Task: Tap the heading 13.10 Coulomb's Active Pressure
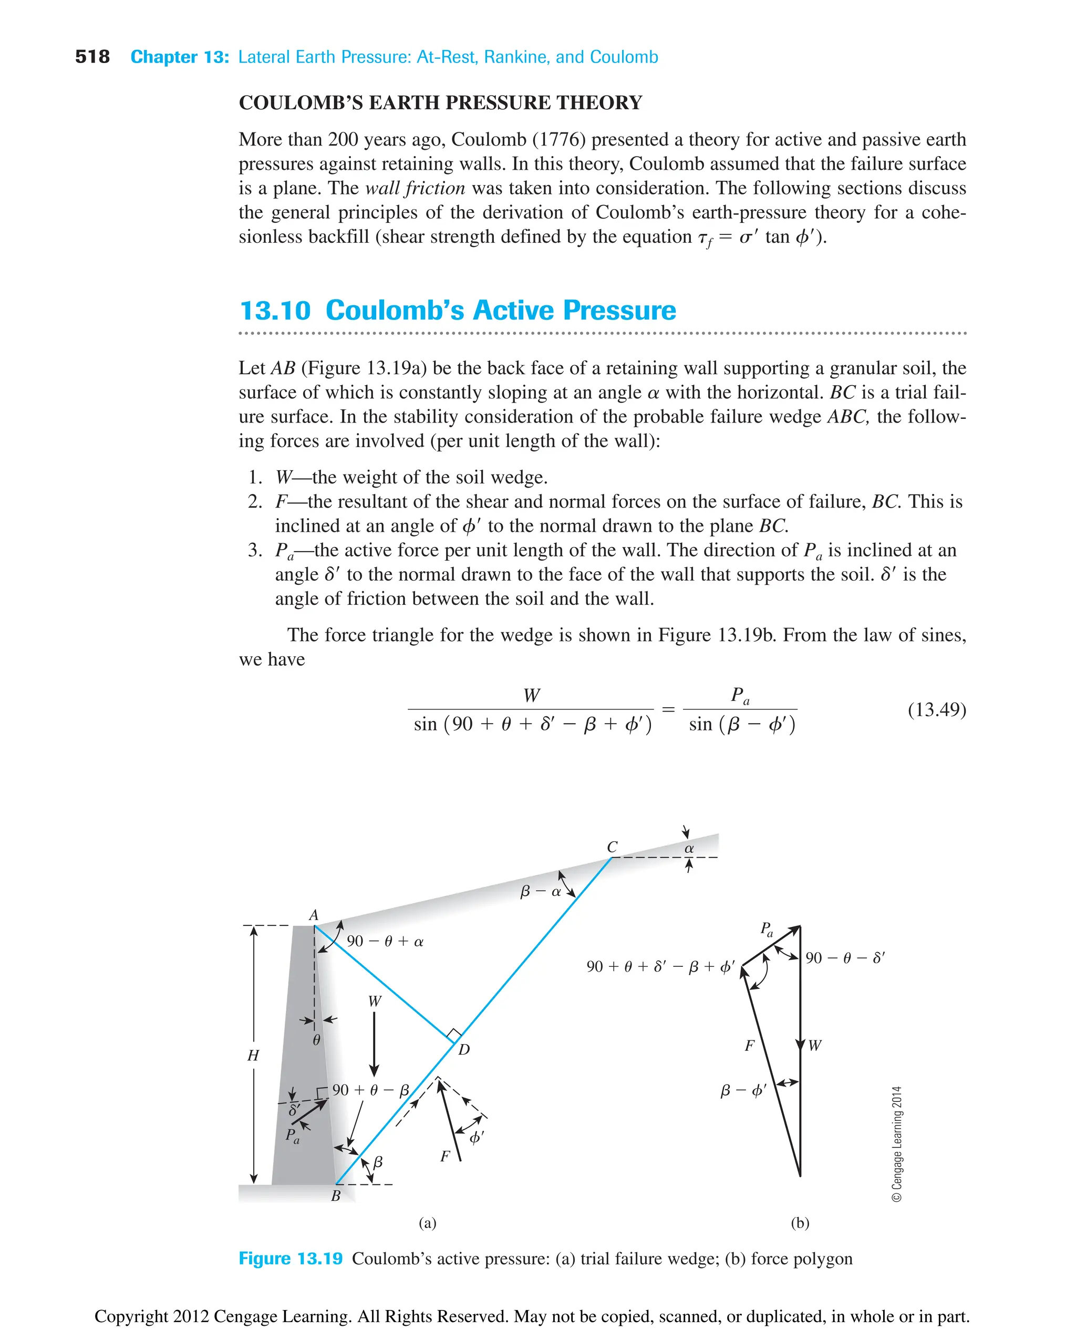point(458,310)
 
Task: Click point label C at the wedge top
point(612,847)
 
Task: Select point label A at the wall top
point(314,915)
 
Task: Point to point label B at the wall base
point(335,1196)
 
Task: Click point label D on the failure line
point(463,1049)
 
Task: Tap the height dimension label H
point(253,1055)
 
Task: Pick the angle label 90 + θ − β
point(370,1090)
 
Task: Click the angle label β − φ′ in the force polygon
point(743,1090)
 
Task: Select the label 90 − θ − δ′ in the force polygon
point(845,958)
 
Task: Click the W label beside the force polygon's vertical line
point(815,1045)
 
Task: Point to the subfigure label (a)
point(427,1223)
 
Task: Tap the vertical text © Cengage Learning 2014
point(897,1144)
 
